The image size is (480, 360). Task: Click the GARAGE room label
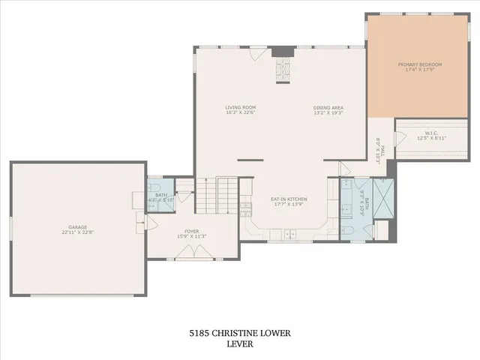(x=78, y=226)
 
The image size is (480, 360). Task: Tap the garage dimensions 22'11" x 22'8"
(x=78, y=232)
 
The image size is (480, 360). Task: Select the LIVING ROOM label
(x=241, y=107)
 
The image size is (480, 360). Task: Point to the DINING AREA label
(x=328, y=107)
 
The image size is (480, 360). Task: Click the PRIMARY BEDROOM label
(x=420, y=64)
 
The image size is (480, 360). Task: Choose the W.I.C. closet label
(x=431, y=133)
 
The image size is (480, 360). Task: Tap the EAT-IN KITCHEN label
(x=289, y=199)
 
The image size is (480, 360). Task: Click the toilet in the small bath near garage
(x=153, y=202)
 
